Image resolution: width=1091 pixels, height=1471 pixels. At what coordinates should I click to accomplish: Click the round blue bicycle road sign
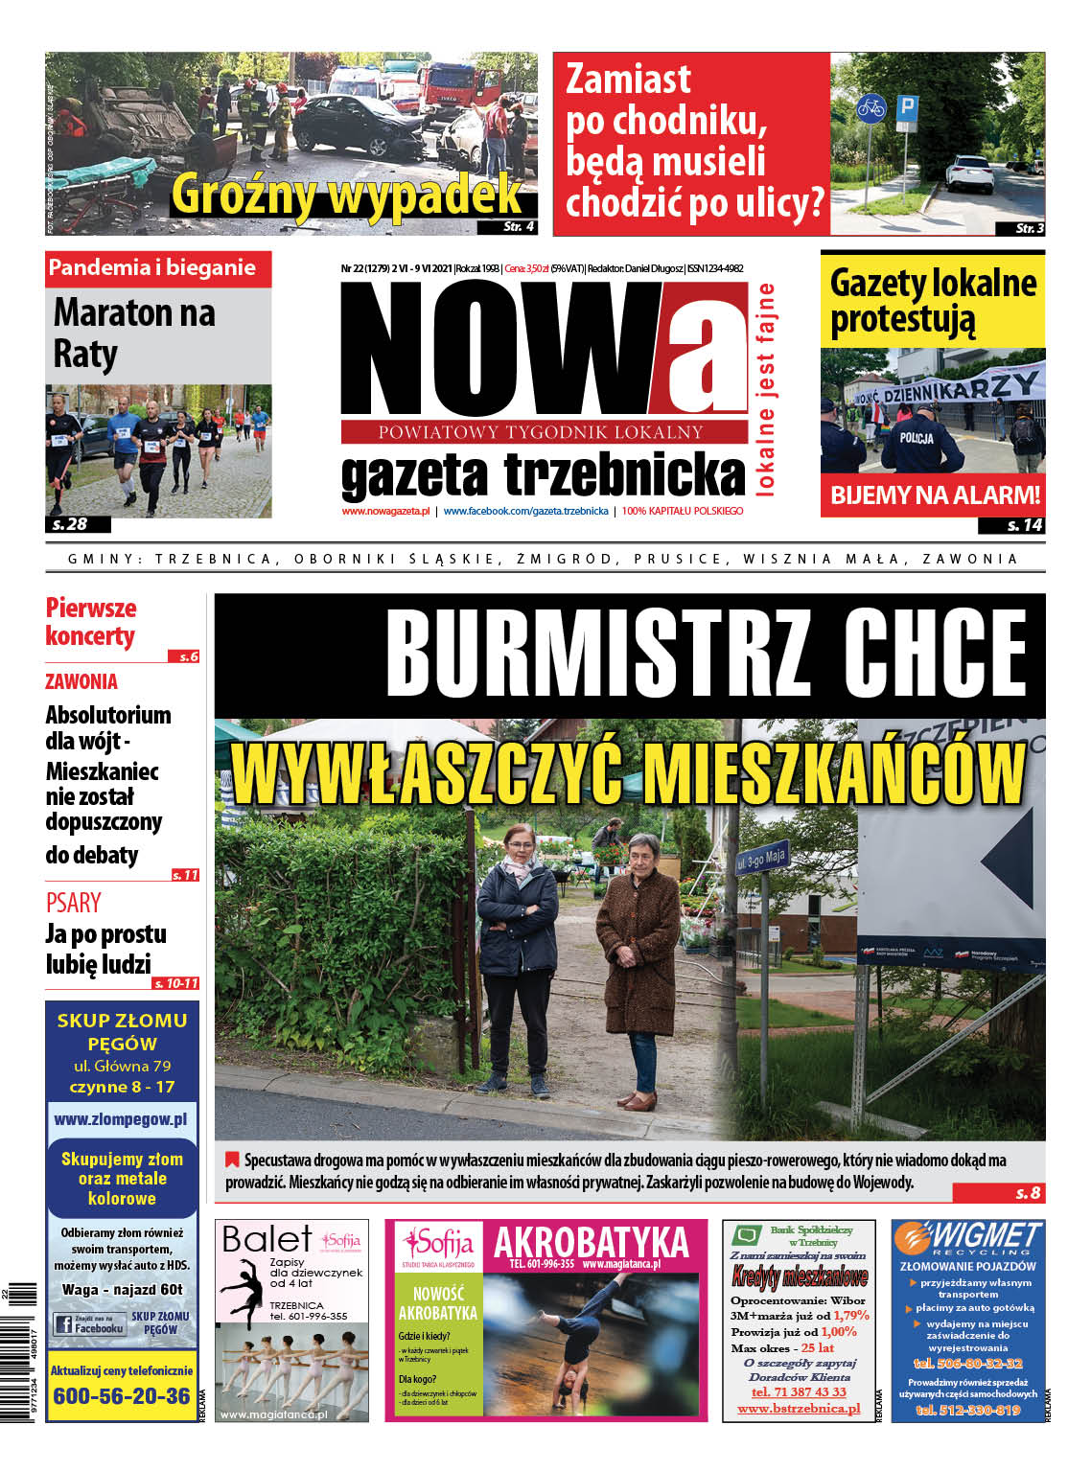[x=870, y=106]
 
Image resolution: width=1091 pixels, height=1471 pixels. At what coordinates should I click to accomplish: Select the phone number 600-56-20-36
[x=122, y=1396]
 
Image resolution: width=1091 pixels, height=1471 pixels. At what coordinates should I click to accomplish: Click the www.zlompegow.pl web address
[x=121, y=1118]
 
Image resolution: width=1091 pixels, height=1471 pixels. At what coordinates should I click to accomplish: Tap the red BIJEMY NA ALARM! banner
[x=934, y=495]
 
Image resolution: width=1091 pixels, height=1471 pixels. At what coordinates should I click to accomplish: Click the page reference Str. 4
[x=519, y=227]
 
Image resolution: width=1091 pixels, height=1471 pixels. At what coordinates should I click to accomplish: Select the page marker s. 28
[x=70, y=524]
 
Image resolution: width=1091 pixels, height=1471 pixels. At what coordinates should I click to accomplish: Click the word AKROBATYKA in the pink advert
[x=591, y=1243]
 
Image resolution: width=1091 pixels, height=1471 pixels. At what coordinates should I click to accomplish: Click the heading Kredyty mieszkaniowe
[x=799, y=1276]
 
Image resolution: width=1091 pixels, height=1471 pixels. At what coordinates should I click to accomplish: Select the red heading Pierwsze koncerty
[x=91, y=622]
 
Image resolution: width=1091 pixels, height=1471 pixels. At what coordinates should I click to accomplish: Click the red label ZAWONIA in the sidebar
[x=81, y=682]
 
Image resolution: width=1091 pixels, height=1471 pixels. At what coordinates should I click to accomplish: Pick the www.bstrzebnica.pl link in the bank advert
[x=799, y=1409]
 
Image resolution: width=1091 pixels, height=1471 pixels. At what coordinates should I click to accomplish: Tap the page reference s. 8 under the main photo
[x=1028, y=1193]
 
